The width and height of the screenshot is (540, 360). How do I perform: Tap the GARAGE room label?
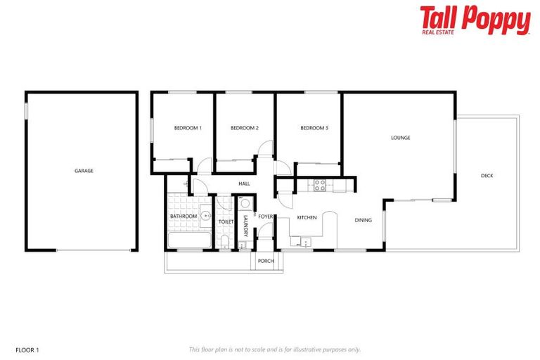[84, 171]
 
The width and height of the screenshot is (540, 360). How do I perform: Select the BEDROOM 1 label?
[188, 128]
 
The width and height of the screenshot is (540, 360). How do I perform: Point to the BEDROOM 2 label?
[245, 128]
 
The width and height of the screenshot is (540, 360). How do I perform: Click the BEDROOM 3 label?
[314, 128]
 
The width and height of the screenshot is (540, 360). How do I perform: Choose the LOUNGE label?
[401, 138]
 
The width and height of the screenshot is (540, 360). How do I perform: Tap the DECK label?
[487, 176]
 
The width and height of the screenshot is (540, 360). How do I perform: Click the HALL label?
[244, 184]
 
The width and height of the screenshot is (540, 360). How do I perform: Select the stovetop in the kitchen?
[320, 186]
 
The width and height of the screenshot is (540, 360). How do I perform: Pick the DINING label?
[363, 220]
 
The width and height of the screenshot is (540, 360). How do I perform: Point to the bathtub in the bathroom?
[188, 240]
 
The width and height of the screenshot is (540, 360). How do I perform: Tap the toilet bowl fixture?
[224, 243]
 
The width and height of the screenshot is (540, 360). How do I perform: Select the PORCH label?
[266, 261]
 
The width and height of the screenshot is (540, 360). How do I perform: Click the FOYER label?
[266, 217]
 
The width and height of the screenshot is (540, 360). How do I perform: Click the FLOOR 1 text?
[27, 349]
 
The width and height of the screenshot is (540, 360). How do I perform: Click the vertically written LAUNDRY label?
[245, 224]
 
